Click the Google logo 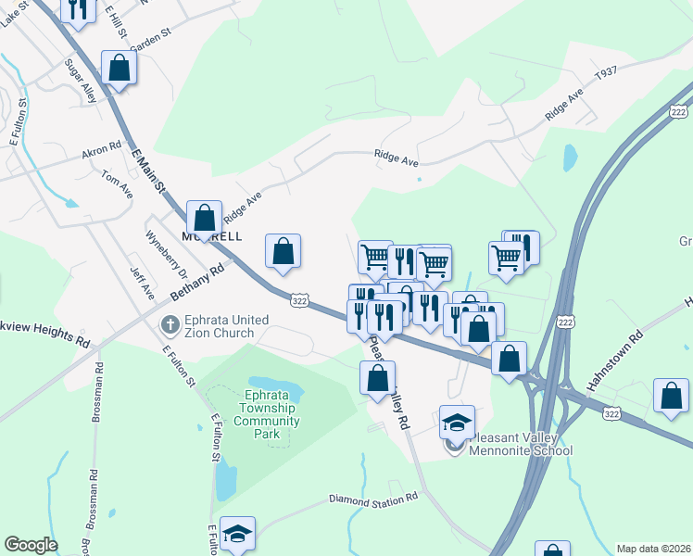click(31, 545)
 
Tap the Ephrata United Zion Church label click(227, 327)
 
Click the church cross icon click(169, 325)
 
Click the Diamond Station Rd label click(373, 499)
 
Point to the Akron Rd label click(102, 147)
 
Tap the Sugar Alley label click(81, 81)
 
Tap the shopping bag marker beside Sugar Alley click(120, 67)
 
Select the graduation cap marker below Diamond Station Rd click(238, 534)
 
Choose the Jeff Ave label click(142, 284)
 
